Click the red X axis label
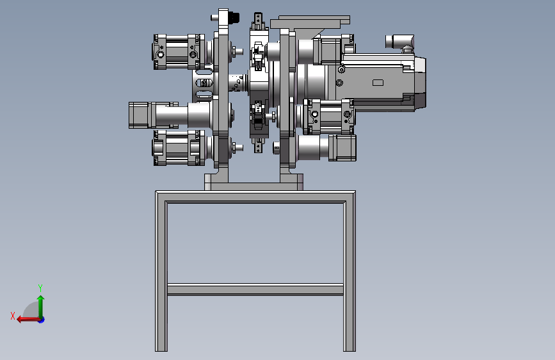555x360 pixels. point(13,316)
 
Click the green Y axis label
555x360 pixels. point(40,288)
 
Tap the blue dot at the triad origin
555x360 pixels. point(42,320)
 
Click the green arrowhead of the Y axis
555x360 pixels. point(41,299)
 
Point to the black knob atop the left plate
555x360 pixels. point(234,17)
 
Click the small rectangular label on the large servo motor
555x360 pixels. point(378,83)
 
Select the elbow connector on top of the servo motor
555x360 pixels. point(400,42)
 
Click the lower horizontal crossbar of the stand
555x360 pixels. point(255,289)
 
